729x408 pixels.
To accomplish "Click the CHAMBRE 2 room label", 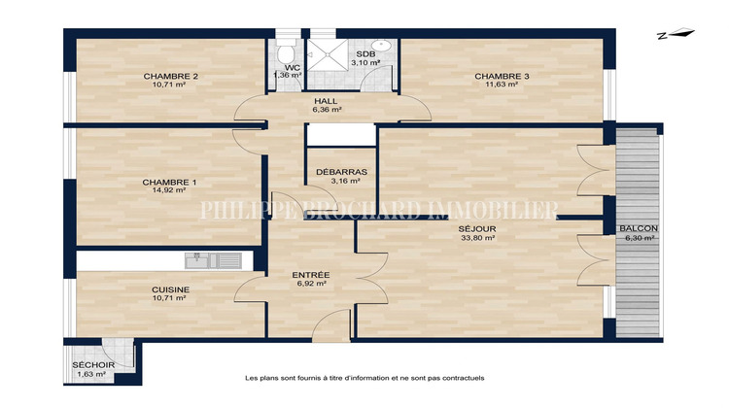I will (171, 77).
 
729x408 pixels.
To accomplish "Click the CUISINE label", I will (170, 289).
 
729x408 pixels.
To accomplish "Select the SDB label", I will (365, 54).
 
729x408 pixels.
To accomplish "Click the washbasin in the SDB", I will (382, 45).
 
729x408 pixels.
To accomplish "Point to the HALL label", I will (326, 101).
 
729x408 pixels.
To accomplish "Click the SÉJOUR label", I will (477, 229).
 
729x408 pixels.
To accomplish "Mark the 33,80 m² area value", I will (477, 238).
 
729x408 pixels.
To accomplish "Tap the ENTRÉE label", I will (312, 275).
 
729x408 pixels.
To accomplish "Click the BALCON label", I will (638, 229).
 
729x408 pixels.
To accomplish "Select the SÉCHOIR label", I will (93, 365).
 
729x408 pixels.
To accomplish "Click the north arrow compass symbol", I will (676, 36).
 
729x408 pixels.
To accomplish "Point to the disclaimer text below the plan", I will (364, 378).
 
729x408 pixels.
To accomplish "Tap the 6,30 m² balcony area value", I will (638, 238).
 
